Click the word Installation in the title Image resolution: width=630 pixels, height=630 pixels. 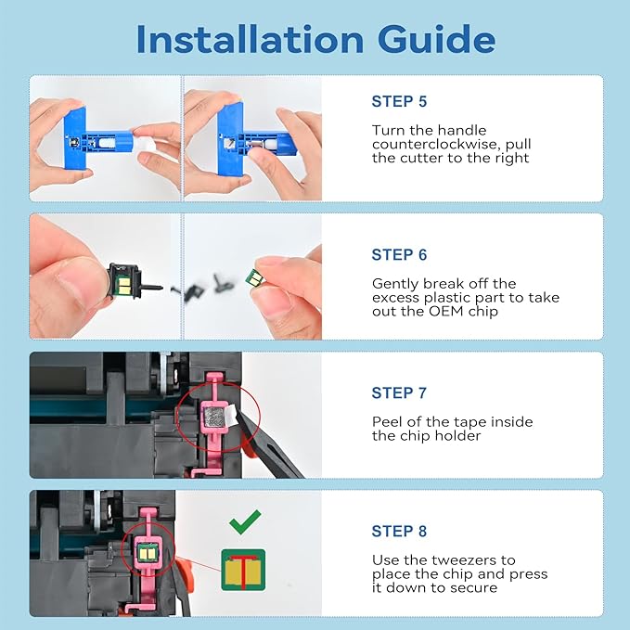[250, 39]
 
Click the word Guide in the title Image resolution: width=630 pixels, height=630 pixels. [436, 39]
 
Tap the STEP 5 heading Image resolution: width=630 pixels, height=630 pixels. [399, 102]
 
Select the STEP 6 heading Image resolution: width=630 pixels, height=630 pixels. [399, 255]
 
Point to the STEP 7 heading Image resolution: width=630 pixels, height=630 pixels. [399, 393]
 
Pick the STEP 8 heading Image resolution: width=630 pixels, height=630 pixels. [399, 531]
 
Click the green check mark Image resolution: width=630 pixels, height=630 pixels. [245, 522]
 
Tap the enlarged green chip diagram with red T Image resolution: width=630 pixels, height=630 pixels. [243, 570]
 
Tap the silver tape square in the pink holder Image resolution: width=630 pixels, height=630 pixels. [213, 417]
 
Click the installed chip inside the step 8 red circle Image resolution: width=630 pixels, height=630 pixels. [148, 554]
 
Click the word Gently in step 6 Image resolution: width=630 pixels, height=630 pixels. [395, 285]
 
